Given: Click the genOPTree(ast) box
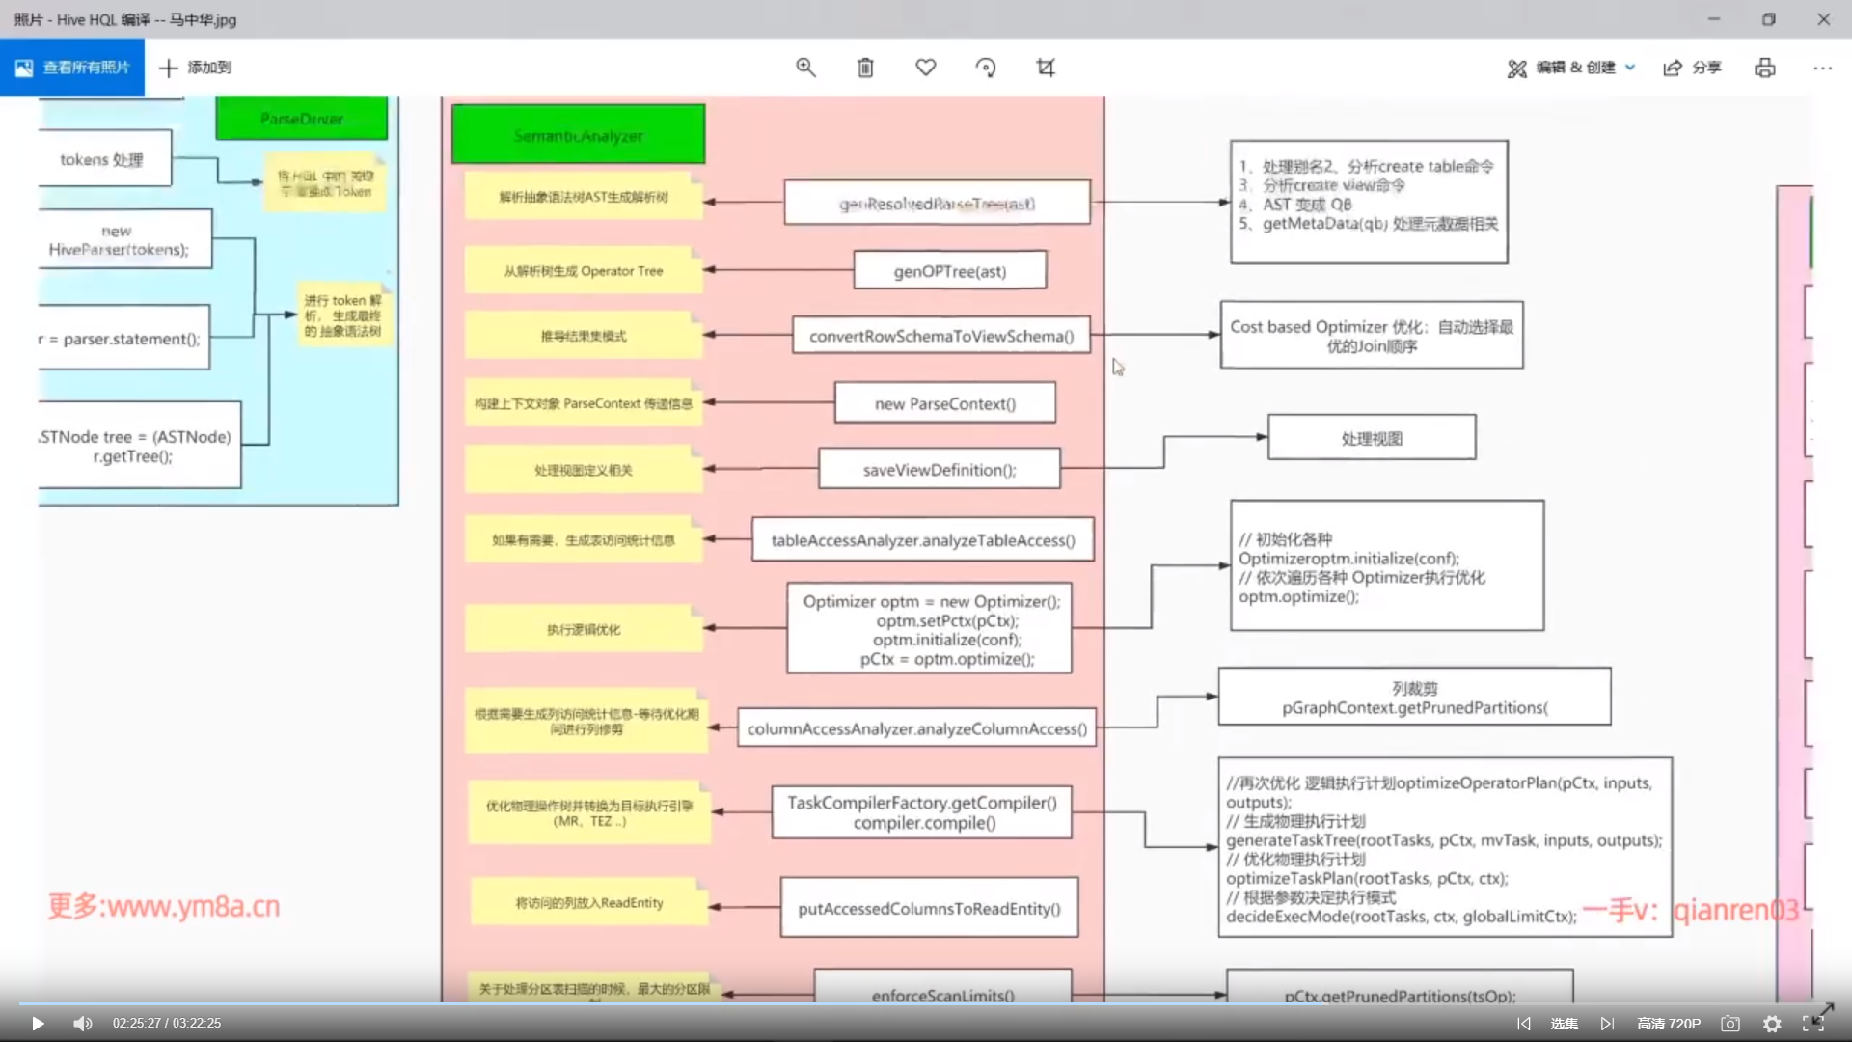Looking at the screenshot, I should click(949, 271).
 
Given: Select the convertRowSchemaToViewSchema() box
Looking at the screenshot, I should click(940, 336).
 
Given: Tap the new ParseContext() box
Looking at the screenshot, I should click(944, 403).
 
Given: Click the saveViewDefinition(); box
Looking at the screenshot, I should click(939, 470).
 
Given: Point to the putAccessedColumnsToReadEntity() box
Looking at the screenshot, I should click(928, 908).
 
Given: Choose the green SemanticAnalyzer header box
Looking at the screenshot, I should click(578, 135).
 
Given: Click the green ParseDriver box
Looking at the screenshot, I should click(301, 119).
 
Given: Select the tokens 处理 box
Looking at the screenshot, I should click(102, 159).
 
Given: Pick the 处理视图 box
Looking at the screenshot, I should click(1371, 438).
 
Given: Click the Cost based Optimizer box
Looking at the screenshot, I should click(1371, 336).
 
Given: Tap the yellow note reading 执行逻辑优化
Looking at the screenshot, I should click(583, 629).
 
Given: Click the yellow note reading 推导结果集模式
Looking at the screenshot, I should click(583, 336).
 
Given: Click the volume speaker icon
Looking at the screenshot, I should click(83, 1024).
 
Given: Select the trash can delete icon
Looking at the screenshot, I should click(865, 68).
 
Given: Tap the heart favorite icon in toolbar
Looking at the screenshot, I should click(925, 68).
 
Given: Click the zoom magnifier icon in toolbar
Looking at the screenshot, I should click(805, 68).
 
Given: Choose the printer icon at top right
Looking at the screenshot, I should click(1764, 68).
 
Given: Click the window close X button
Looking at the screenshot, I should click(1823, 19).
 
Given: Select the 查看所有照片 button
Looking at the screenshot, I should click(72, 68).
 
